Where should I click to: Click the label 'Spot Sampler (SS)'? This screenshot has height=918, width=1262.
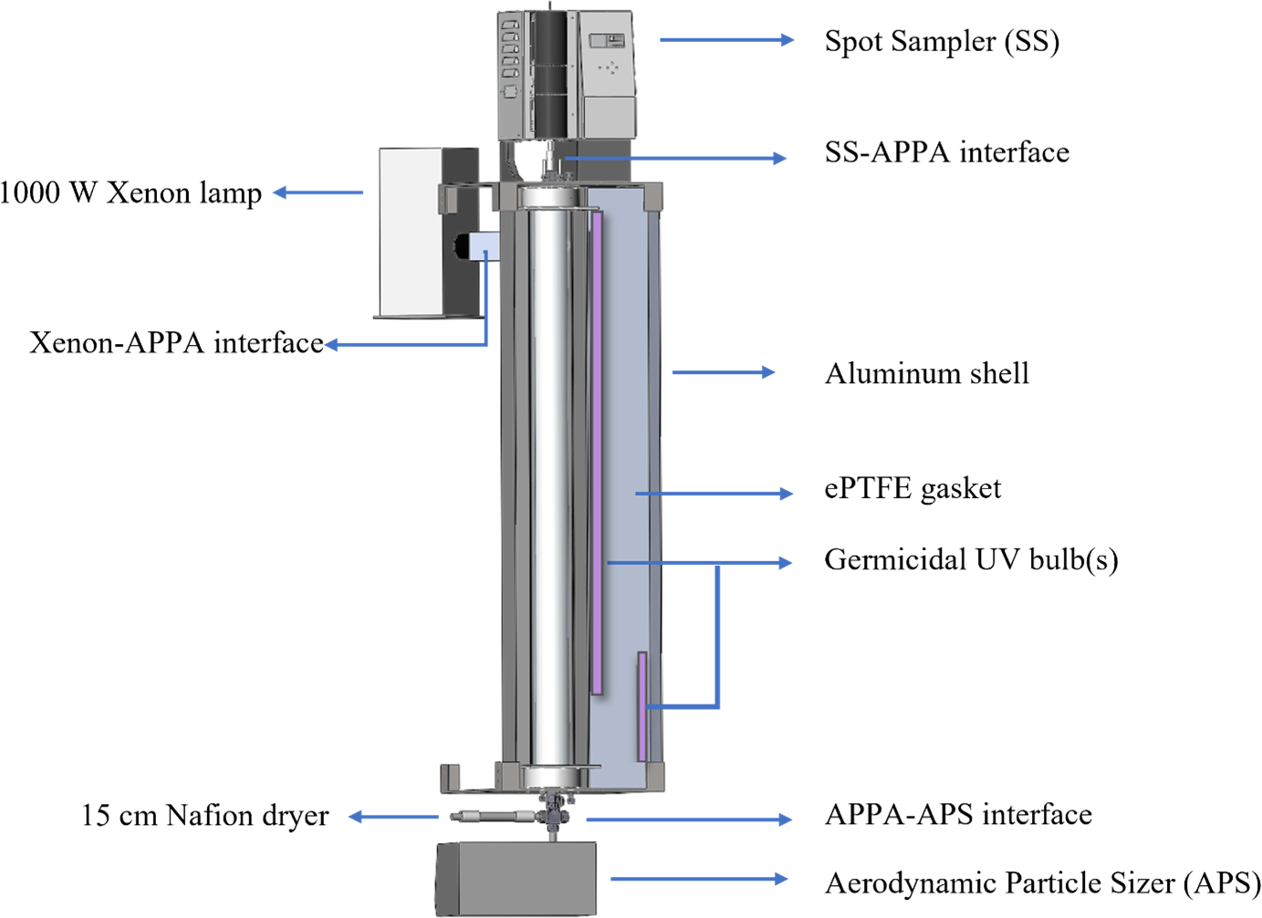tap(941, 41)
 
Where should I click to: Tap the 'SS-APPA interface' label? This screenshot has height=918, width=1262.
tap(946, 152)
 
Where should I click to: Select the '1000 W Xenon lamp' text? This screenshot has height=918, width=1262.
tap(130, 193)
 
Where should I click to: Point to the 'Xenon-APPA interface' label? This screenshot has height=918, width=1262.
tap(176, 343)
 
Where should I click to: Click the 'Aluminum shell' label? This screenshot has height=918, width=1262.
tap(926, 373)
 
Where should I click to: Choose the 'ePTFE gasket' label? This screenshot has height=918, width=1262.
tap(912, 489)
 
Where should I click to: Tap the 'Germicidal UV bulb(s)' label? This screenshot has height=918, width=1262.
tap(970, 559)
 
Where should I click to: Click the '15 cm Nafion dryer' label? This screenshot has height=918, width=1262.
tap(204, 816)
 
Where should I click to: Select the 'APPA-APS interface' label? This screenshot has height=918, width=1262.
tap(957, 814)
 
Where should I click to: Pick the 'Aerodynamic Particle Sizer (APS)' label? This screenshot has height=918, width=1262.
tap(1042, 883)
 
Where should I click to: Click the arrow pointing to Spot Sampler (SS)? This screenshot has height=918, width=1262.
tap(726, 39)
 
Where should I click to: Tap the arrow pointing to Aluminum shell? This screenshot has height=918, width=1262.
tap(723, 372)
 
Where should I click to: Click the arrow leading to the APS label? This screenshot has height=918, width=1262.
tap(698, 879)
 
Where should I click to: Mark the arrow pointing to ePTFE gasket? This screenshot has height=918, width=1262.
tap(714, 494)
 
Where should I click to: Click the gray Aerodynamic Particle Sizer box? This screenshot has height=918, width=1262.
tap(516, 878)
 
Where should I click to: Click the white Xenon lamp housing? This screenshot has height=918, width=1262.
tap(410, 233)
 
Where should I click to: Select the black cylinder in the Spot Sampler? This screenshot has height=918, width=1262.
tap(550, 73)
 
